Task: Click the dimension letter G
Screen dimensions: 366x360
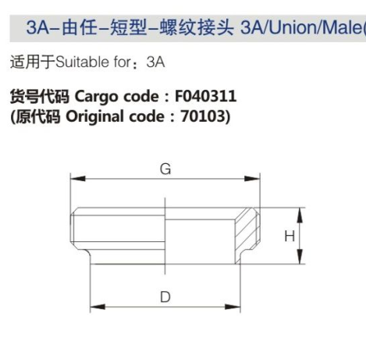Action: coord(165,169)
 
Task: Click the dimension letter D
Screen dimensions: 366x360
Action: coord(165,297)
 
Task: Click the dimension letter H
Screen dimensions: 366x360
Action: coord(290,237)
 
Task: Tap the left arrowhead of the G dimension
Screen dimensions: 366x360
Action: coord(78,179)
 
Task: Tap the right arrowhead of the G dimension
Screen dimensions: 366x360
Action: coord(252,179)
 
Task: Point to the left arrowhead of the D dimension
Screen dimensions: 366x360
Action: coord(98,307)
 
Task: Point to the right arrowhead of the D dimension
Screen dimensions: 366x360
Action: coord(233,307)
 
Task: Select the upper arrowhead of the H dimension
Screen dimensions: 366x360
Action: coord(300,216)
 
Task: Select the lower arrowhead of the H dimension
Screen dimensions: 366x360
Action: coord(300,256)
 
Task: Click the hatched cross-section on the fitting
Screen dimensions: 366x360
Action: coord(246,234)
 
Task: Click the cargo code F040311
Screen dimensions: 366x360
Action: coord(205,96)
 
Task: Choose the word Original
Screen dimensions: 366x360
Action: coord(94,117)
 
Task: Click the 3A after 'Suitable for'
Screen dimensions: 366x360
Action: coord(155,62)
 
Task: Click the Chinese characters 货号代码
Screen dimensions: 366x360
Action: coord(40,96)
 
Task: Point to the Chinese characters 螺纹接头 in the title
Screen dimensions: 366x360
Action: coord(197,27)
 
